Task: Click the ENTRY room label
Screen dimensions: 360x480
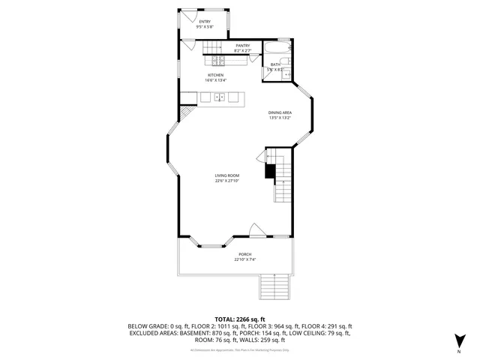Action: [205, 22]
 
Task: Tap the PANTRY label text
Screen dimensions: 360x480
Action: [242, 46]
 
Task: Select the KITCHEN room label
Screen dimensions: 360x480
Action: [215, 76]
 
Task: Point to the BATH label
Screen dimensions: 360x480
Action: [274, 64]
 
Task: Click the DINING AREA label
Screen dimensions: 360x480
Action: [280, 112]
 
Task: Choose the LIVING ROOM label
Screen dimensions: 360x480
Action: [226, 175]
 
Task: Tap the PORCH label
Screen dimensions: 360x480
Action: [245, 255]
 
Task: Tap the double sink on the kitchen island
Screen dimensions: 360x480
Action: [220, 97]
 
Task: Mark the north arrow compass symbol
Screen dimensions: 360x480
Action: [458, 342]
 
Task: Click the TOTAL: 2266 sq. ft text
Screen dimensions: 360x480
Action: [239, 319]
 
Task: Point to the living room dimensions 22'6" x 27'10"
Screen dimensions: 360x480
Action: [226, 181]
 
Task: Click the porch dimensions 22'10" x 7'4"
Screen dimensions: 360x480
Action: [245, 260]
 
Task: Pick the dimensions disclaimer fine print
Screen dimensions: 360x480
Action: [239, 350]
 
